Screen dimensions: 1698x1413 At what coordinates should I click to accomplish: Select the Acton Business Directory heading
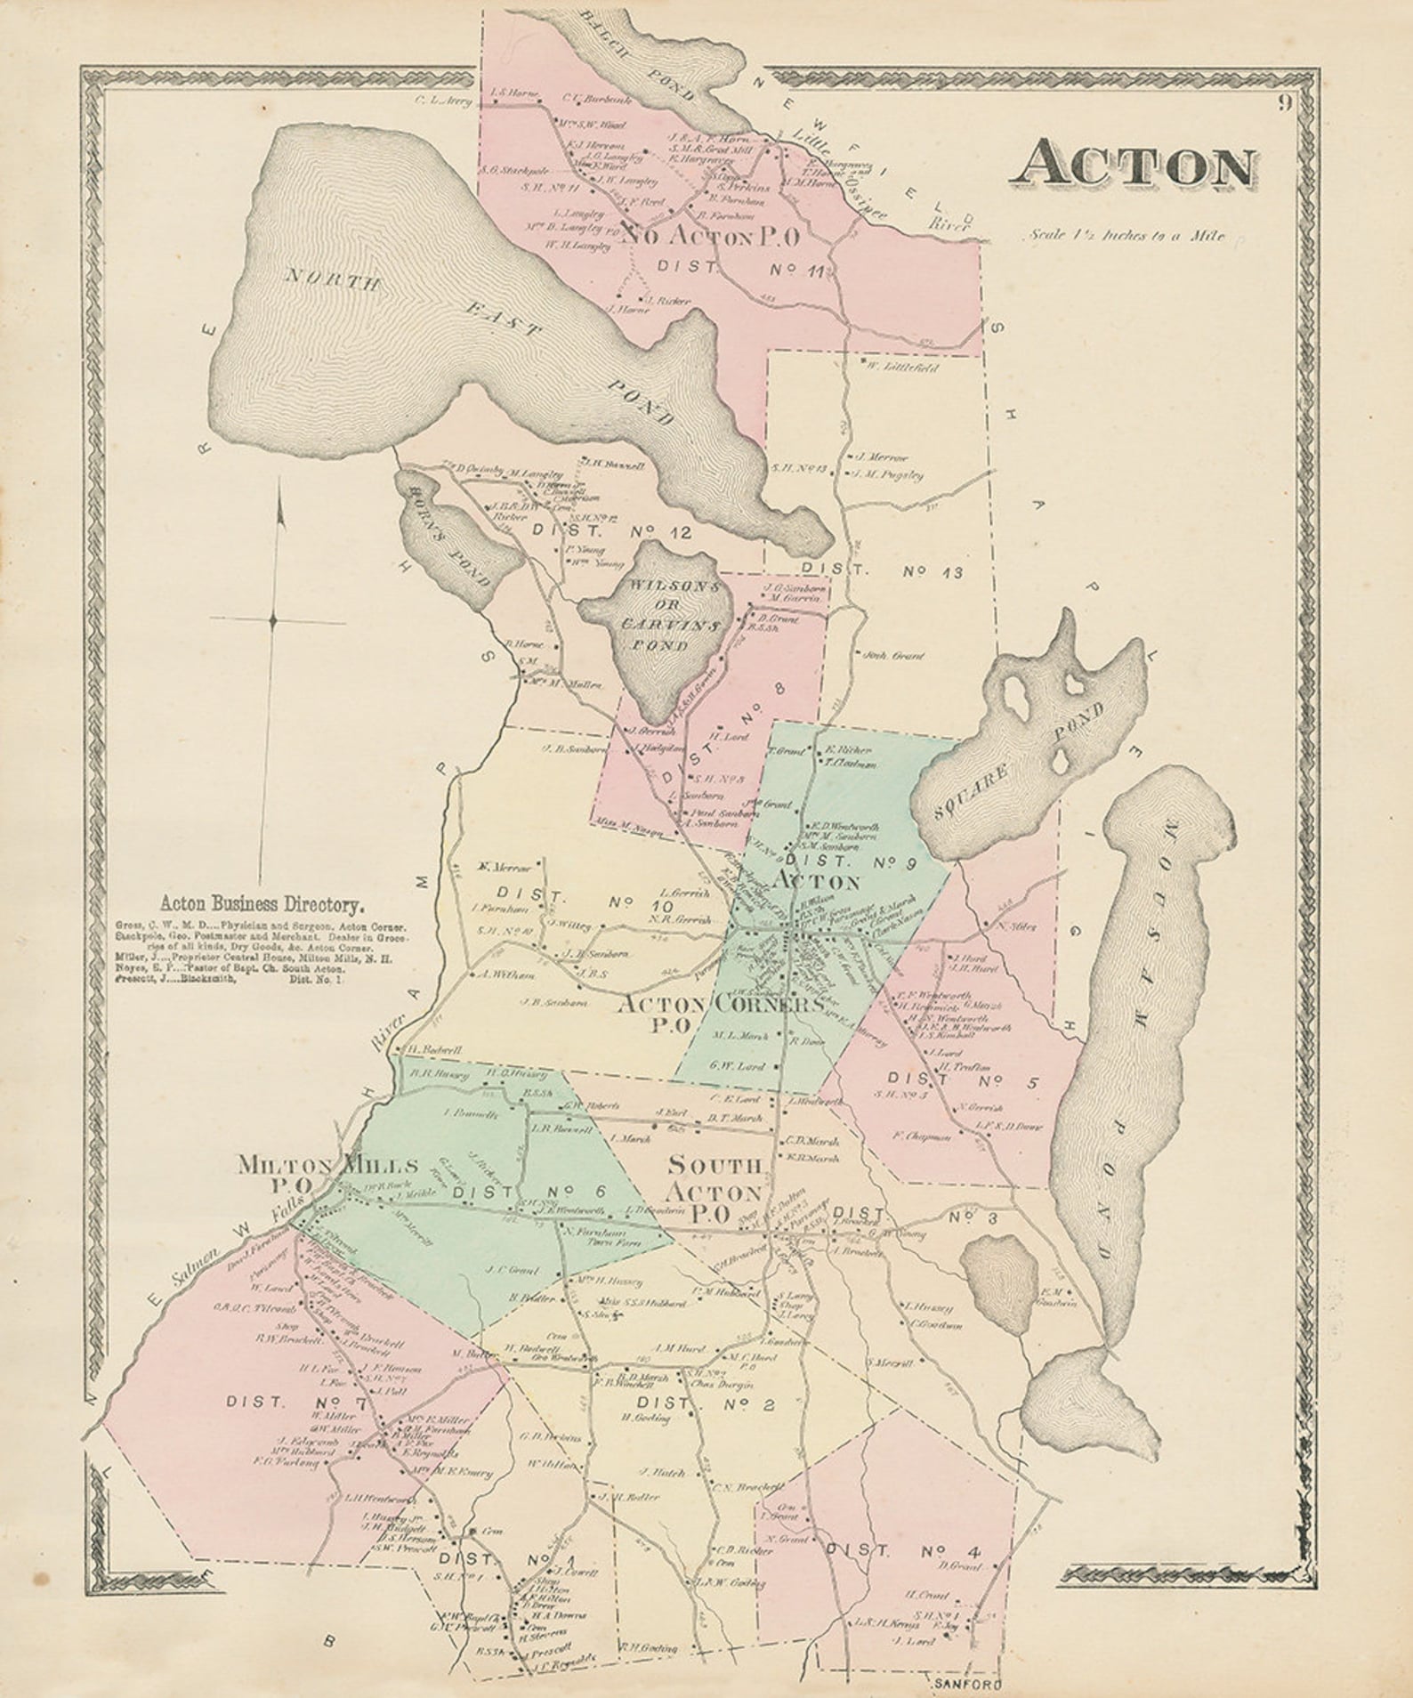tap(263, 906)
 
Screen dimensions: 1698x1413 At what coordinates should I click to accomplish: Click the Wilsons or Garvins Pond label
tap(658, 616)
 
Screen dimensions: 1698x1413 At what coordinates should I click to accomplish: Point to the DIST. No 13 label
tap(881, 571)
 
